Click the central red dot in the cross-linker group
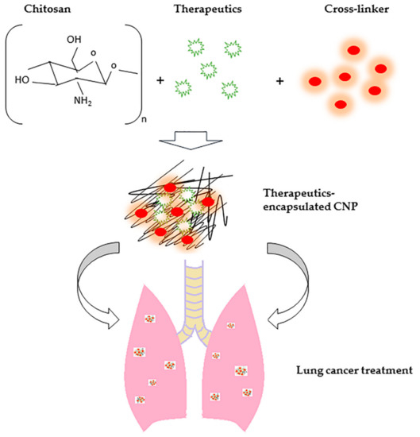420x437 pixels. click(x=344, y=76)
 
